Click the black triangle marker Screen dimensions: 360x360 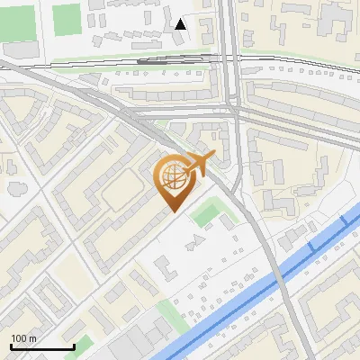tap(181, 24)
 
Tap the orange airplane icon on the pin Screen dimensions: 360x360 tap(197, 163)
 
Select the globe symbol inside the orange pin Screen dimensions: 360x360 tap(174, 177)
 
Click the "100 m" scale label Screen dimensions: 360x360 tap(23, 338)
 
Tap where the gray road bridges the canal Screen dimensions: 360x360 tap(281, 272)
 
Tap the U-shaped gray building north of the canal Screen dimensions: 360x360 tap(165, 266)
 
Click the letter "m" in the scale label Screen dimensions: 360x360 tap(33, 338)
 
